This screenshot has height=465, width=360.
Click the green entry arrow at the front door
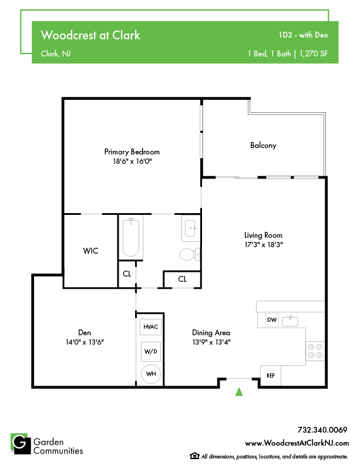(x=239, y=392)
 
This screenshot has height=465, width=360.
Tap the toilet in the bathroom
(x=190, y=254)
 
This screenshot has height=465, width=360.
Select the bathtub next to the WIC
(x=131, y=237)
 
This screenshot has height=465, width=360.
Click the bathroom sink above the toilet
(x=190, y=228)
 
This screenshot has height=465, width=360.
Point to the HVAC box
(x=151, y=327)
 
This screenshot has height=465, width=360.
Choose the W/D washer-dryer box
(x=151, y=352)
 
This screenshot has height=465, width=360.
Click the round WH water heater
(x=151, y=374)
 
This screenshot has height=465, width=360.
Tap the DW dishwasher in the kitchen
(x=272, y=320)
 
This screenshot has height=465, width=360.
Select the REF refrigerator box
(x=271, y=375)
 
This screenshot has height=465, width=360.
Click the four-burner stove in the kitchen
(x=315, y=351)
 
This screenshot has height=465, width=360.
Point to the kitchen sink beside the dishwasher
(x=290, y=321)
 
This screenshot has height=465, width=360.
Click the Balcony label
(x=263, y=146)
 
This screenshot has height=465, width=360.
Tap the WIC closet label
(x=90, y=251)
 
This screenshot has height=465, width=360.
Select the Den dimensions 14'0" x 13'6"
(x=85, y=342)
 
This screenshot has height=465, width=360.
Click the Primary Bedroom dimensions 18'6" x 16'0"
(x=132, y=161)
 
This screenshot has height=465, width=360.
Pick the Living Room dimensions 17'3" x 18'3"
(x=264, y=245)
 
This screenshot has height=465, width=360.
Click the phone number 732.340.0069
(x=322, y=430)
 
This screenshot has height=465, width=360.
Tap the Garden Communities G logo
(x=21, y=444)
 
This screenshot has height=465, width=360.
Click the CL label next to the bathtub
(x=127, y=274)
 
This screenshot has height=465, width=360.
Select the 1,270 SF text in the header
(x=314, y=53)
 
